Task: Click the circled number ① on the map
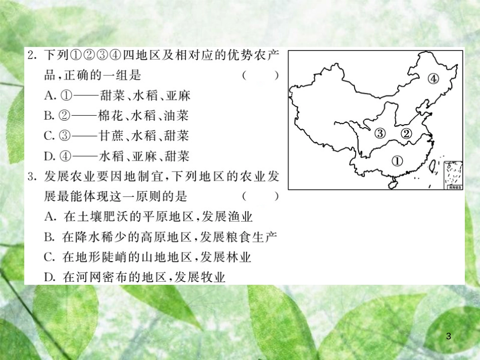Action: [397, 161]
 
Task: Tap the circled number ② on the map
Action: [406, 133]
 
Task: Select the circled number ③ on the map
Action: [380, 133]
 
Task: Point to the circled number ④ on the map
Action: [433, 79]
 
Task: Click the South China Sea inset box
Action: [453, 175]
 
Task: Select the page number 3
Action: [449, 336]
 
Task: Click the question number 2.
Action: [32, 56]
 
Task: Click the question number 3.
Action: [32, 177]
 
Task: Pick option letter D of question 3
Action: [50, 277]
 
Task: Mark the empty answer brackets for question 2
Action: [261, 75]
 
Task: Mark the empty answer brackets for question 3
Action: [261, 196]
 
